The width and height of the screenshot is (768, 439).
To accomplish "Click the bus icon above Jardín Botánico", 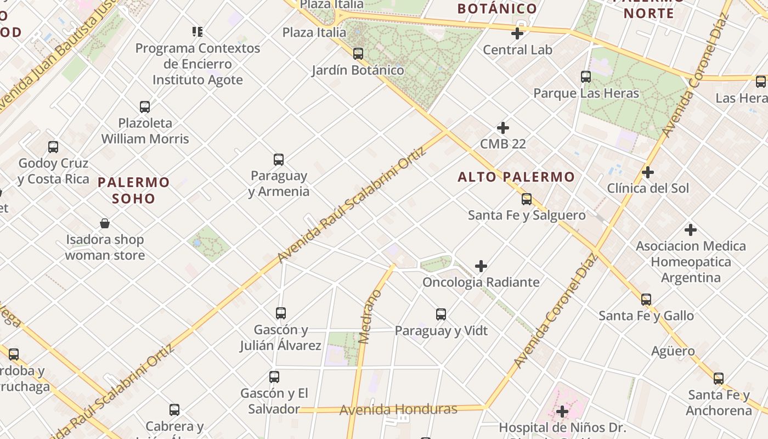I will (x=358, y=54).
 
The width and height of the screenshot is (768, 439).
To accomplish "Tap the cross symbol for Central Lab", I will (x=517, y=33).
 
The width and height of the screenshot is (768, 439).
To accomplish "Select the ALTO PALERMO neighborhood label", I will (x=516, y=177).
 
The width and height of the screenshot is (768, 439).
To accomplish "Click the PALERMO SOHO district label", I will (x=134, y=190).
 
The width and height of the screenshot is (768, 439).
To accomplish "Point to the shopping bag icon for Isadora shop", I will (x=105, y=223).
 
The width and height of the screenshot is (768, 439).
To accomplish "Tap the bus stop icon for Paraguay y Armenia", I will (x=279, y=160).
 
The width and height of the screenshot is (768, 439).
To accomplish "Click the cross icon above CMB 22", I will (x=502, y=128).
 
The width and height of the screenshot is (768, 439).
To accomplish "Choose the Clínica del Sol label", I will (x=647, y=188).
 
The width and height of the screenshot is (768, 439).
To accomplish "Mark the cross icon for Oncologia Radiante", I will (x=481, y=266).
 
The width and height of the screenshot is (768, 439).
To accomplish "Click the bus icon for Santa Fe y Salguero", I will (x=527, y=199).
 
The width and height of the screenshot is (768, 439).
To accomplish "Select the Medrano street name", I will (x=371, y=316).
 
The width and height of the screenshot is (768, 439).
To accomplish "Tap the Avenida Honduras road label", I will (x=398, y=409).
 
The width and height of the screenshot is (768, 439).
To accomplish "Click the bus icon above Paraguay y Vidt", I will (x=441, y=314).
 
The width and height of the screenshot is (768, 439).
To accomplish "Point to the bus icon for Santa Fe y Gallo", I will (x=646, y=300).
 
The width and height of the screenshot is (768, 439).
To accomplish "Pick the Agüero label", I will (x=673, y=351).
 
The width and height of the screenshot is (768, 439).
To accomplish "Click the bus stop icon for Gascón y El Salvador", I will (x=274, y=377).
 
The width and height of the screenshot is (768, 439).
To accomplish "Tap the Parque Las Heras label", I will (x=586, y=93).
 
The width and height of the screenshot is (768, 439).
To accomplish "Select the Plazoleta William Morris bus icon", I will (x=145, y=107).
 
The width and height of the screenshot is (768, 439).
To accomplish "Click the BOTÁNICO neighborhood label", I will (x=497, y=9).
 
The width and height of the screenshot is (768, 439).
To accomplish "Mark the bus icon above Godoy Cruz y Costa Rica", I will (x=53, y=147).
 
